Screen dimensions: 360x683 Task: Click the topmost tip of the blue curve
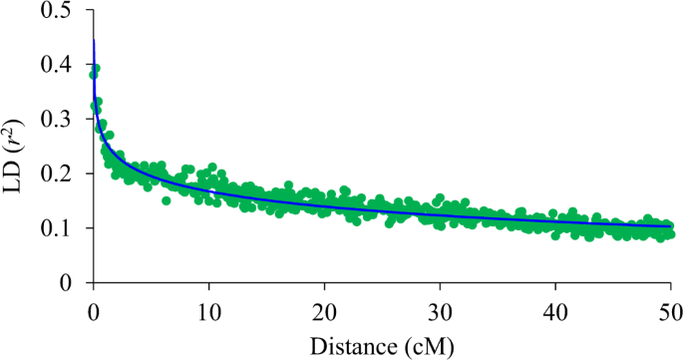point(94,40)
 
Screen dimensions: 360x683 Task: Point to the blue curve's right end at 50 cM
point(671,226)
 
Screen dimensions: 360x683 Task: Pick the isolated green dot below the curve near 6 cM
point(166,200)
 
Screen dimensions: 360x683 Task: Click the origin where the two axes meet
point(93,282)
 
